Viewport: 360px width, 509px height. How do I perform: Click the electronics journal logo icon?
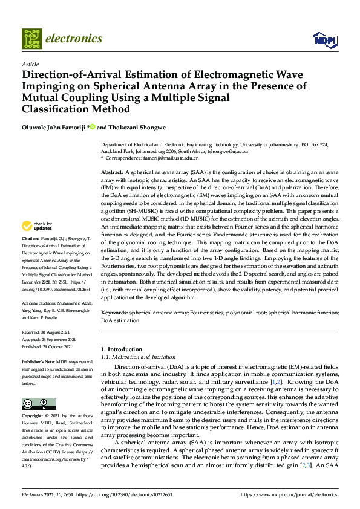31,38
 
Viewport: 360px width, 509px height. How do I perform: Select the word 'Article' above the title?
30,64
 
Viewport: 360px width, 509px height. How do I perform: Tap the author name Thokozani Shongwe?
133,127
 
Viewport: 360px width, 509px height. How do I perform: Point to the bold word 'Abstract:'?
112,173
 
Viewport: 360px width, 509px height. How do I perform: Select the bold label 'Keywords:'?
114,313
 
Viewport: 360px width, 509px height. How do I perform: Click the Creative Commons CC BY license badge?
35,403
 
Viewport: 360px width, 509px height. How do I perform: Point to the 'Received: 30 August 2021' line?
47,333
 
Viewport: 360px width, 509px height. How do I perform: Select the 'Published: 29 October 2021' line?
47,346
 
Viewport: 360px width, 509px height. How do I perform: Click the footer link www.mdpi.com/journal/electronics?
287,494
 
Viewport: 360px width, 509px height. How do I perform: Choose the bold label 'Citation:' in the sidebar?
30,256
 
